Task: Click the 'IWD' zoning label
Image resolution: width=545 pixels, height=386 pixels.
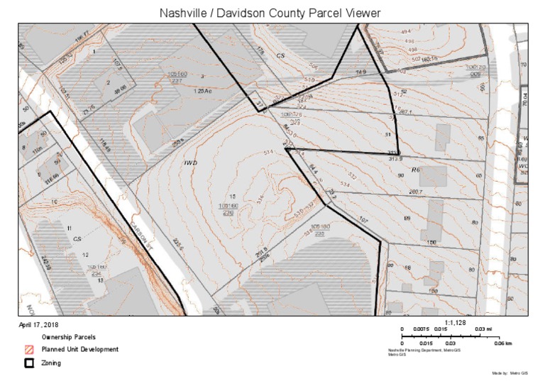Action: tap(190, 163)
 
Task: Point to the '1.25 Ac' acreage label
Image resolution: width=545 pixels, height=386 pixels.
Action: tap(203, 92)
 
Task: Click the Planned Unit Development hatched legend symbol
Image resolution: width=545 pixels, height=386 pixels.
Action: tap(30, 349)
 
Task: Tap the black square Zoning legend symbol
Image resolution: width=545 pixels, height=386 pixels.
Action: tap(30, 363)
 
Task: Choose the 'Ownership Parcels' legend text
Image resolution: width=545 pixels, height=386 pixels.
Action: tap(68, 336)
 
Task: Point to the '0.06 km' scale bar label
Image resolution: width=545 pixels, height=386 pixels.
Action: tap(502, 343)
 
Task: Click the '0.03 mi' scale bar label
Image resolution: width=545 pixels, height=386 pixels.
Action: tap(483, 329)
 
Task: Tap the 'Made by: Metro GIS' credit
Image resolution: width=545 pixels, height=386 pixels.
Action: tap(510, 373)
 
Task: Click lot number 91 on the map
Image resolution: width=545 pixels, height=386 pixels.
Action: tap(388, 134)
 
